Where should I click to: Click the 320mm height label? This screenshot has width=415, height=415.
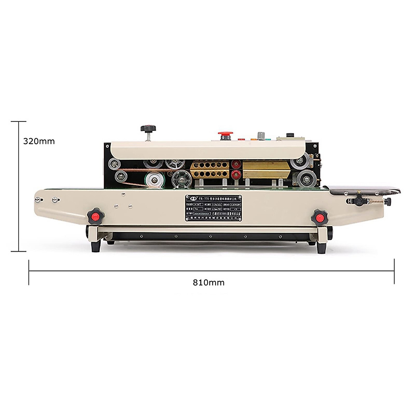pyautogui.click(x=39, y=141)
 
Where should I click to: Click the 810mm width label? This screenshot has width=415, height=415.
pyautogui.click(x=209, y=283)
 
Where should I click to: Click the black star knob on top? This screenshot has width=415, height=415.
pyautogui.click(x=148, y=129)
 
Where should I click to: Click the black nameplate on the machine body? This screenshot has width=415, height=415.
pyautogui.click(x=213, y=208)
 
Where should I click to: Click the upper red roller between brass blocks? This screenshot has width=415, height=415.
pyautogui.click(x=236, y=164)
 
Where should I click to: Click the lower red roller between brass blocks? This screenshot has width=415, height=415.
pyautogui.click(x=236, y=174)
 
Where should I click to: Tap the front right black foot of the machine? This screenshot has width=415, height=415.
pyautogui.click(x=321, y=247)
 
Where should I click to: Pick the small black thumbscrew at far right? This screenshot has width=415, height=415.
pyautogui.click(x=388, y=201)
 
